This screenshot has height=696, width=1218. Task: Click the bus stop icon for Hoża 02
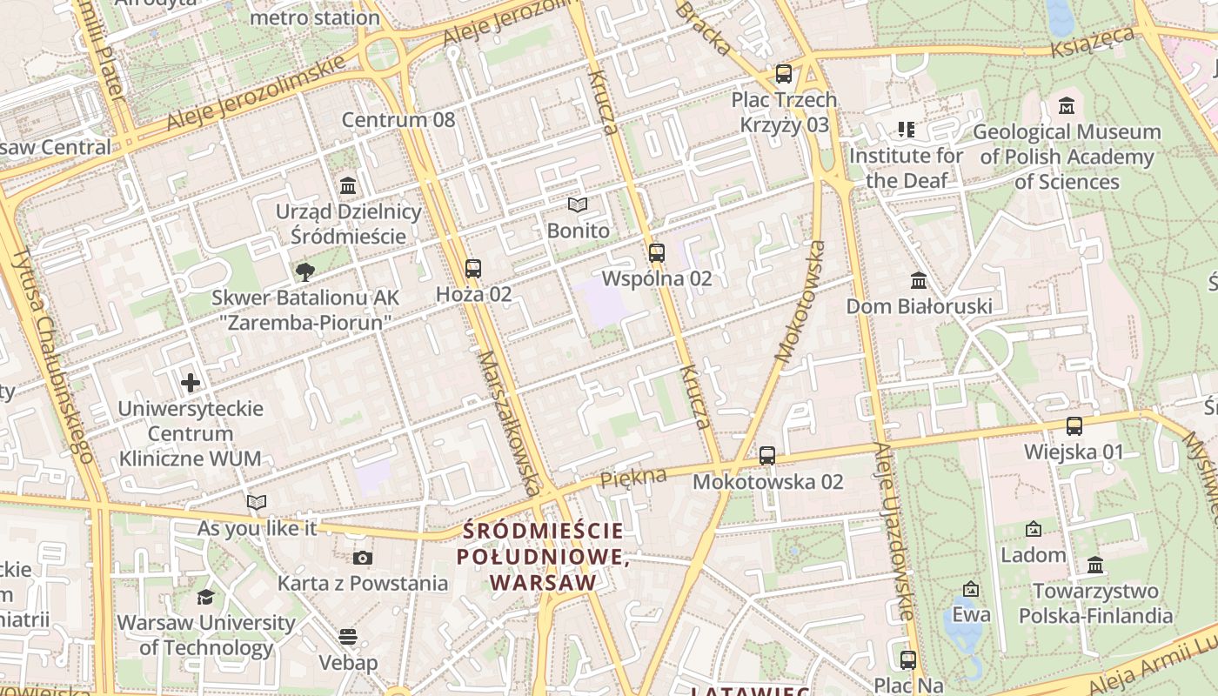473,269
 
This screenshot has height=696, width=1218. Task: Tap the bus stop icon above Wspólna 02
657,253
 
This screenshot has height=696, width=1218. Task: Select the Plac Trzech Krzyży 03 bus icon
784,74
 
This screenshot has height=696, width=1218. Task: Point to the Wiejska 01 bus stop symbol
1074,426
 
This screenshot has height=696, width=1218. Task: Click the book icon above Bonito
578,205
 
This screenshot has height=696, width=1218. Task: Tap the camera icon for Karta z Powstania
363,558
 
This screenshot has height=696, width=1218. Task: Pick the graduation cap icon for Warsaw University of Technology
205,597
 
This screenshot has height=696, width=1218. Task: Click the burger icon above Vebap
348,637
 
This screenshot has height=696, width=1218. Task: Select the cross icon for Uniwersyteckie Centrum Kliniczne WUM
191,383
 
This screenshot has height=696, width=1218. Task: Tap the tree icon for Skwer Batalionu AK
304,272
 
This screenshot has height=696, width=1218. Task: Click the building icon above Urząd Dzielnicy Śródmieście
349,185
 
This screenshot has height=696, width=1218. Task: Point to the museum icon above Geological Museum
1067,106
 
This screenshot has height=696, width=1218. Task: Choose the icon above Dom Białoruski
919,281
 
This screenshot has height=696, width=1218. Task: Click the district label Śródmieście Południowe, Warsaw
544,557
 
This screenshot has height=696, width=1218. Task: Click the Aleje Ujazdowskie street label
895,531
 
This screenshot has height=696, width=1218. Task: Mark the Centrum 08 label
398,120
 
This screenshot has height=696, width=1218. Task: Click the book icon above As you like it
256,503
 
